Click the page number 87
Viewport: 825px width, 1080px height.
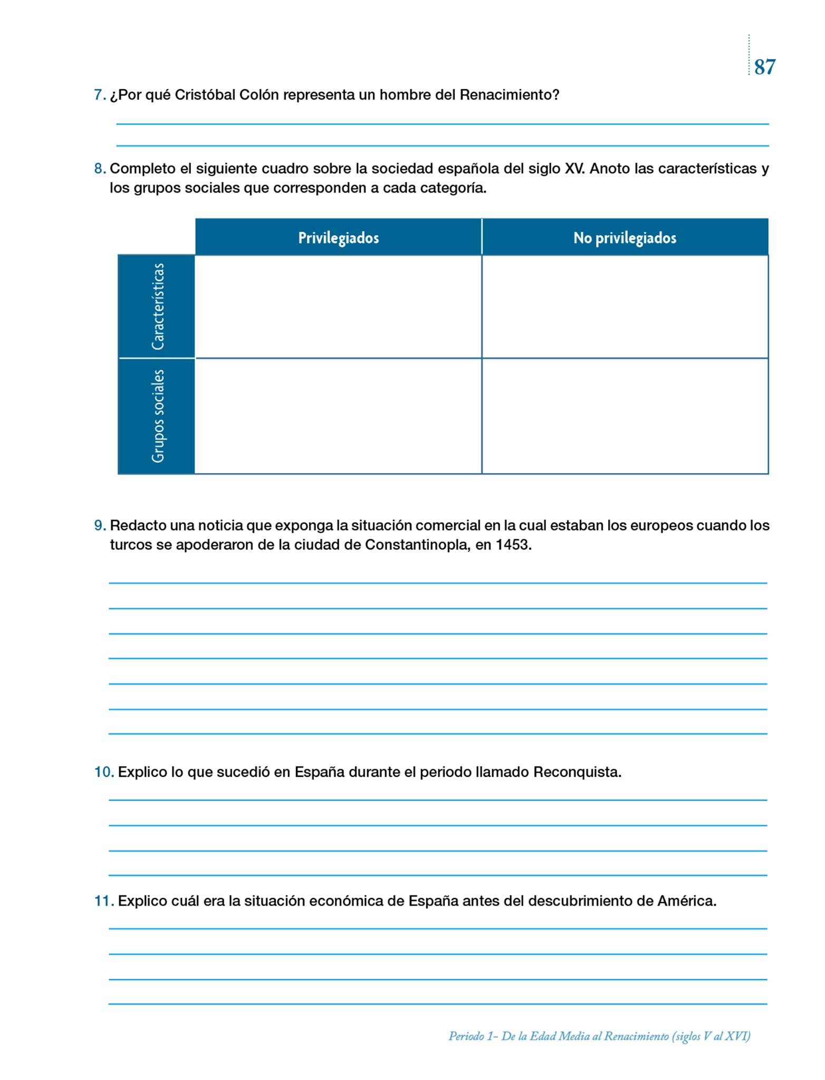(x=764, y=67)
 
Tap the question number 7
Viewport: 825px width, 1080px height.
(x=99, y=95)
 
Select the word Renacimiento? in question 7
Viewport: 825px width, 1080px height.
(x=510, y=95)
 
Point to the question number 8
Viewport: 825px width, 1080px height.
(x=99, y=169)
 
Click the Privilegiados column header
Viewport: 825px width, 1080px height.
(x=338, y=238)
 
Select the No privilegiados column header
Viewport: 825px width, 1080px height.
(x=625, y=238)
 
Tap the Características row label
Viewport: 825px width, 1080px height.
(x=157, y=306)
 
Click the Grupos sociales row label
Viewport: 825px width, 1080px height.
(x=157, y=416)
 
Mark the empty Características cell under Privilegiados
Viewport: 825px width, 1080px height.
(x=338, y=306)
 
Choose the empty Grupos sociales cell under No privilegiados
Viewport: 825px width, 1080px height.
(x=625, y=416)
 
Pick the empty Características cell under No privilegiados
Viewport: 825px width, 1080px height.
(x=625, y=306)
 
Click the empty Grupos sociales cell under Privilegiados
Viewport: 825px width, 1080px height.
(x=338, y=416)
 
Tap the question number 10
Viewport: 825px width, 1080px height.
(x=104, y=772)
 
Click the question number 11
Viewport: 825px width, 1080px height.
(x=104, y=901)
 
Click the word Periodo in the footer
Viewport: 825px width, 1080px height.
(x=466, y=1036)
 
